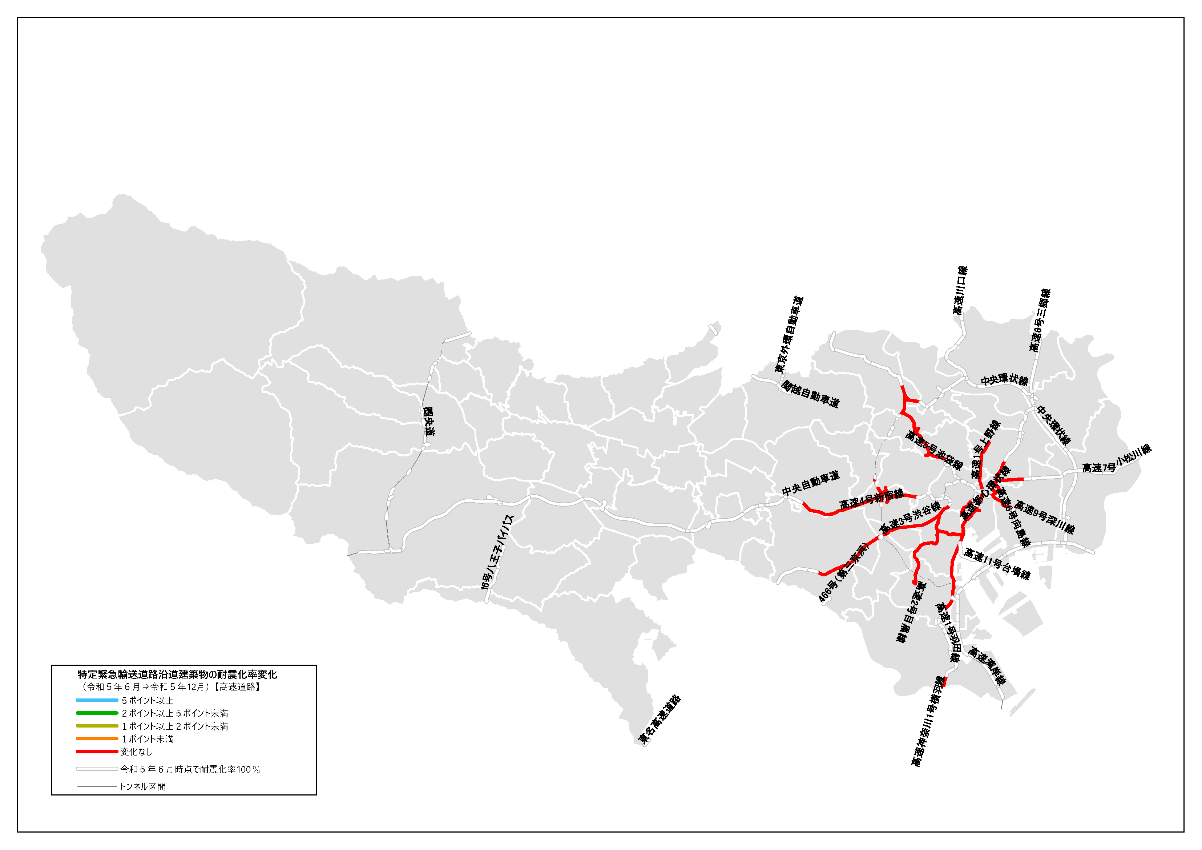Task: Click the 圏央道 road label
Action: [429, 422]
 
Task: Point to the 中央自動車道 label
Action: [810, 483]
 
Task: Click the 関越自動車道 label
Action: [810, 394]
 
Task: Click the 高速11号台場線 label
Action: [997, 564]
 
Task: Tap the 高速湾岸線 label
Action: [987, 666]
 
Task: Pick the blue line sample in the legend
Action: [97, 700]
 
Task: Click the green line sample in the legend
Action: [97, 713]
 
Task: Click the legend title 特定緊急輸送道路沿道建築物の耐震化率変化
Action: [177, 674]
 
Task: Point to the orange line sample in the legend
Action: [97, 738]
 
